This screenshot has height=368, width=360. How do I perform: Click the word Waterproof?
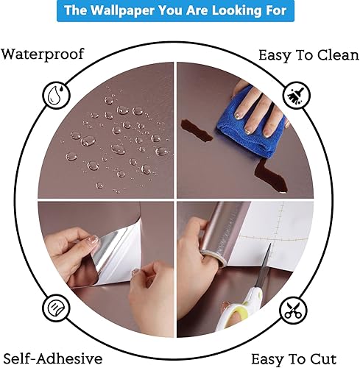coord(43,54)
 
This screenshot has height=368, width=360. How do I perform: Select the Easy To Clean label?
coord(307,55)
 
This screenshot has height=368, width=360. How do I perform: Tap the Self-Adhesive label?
coord(52,358)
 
